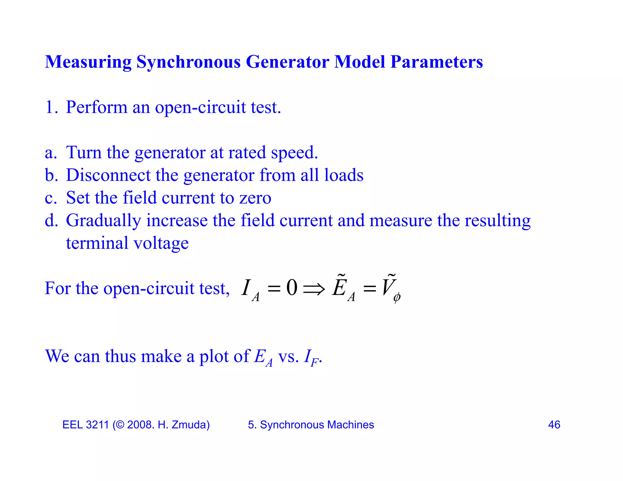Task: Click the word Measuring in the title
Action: click(88, 62)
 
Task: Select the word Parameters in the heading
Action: click(437, 62)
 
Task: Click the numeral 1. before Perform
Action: click(51, 107)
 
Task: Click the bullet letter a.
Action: click(50, 153)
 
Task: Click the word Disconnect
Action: click(108, 175)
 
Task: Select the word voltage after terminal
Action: click(161, 243)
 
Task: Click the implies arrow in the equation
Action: click(314, 288)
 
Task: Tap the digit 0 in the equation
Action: click(291, 288)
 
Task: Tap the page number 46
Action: click(554, 425)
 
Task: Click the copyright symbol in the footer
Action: click(120, 425)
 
